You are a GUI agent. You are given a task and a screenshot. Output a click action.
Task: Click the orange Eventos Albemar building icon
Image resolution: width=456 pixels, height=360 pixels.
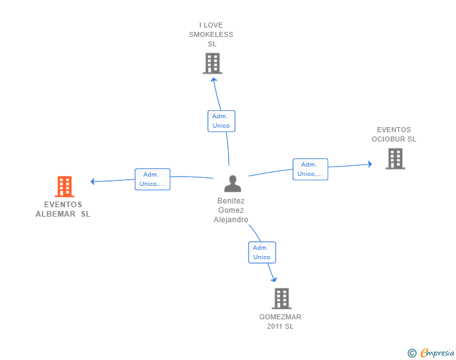pos(65,187)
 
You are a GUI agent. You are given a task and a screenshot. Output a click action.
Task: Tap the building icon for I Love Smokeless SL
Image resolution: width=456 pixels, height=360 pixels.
pos(212,63)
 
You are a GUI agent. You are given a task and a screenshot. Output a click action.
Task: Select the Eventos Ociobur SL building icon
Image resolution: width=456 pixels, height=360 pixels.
pos(395,159)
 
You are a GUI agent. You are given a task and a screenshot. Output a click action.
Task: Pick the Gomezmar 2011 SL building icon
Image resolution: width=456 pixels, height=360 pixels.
pos(282,299)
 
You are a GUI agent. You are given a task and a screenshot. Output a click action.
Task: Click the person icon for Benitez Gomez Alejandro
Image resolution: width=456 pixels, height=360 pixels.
pos(232,183)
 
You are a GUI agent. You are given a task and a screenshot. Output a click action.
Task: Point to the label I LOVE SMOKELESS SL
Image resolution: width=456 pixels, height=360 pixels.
pos(211,34)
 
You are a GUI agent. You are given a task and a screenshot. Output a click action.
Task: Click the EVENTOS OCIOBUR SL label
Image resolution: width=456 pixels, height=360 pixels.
pos(394,135)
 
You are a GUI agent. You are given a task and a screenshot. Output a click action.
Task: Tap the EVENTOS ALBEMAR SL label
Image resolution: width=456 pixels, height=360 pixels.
pos(63,209)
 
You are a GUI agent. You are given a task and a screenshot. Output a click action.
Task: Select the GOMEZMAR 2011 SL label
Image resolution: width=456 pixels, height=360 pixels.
pos(281,322)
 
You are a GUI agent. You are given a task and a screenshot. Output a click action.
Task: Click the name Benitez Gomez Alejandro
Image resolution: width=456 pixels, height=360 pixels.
pos(231,210)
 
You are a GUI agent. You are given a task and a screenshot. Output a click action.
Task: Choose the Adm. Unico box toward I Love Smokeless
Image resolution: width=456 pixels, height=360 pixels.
pos(221,121)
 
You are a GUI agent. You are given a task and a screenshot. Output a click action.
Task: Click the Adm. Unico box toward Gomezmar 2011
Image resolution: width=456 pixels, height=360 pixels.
pos(262,252)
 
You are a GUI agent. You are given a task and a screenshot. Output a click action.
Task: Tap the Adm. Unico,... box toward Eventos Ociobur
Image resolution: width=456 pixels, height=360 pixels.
pos(310,169)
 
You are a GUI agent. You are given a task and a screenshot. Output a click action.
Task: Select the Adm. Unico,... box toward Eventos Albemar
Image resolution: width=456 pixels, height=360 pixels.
pos(152,179)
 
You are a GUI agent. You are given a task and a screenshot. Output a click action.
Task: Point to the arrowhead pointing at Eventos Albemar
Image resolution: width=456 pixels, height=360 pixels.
pos(93,182)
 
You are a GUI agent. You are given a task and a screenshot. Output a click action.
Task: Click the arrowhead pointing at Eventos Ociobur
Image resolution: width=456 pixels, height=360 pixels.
pos(370,164)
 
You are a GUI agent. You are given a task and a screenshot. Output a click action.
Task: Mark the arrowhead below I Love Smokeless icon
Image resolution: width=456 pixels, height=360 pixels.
pos(214,80)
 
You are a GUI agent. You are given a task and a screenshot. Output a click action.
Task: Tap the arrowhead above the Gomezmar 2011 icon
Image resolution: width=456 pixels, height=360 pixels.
pos(274,280)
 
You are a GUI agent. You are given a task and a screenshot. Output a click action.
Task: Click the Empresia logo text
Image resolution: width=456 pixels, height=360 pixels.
pos(437,353)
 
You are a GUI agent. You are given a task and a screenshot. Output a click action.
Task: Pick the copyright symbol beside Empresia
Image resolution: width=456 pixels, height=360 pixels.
pos(412,353)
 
